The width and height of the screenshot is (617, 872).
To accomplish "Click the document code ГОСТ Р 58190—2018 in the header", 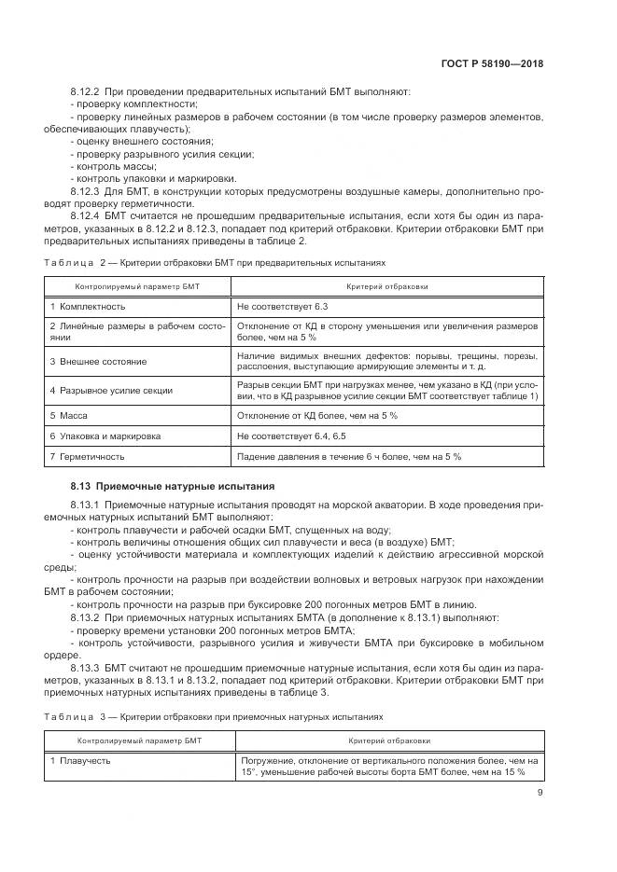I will pyautogui.click(x=492, y=63).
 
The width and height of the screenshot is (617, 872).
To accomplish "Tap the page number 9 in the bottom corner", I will pyautogui.click(x=540, y=793).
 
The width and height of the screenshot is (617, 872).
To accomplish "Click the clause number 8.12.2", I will pyautogui.click(x=88, y=92).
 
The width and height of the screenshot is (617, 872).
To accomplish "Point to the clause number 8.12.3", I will pyautogui.click(x=88, y=190).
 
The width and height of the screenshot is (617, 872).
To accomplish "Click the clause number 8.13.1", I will pyautogui.click(x=88, y=505).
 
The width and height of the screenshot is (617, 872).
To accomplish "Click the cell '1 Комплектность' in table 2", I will pyautogui.click(x=88, y=306).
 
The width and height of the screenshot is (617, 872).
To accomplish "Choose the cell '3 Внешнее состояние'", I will pyautogui.click(x=98, y=360).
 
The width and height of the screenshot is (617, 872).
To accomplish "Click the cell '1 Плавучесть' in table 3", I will pyautogui.click(x=80, y=761).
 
